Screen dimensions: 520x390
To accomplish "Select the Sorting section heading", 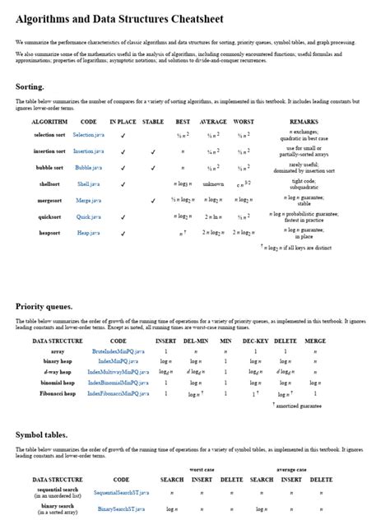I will tap(30, 86).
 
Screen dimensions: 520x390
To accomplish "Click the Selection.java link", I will tap(88, 134).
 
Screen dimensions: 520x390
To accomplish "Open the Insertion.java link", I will tap(88, 151).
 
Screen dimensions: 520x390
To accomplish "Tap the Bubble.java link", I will tap(88, 167).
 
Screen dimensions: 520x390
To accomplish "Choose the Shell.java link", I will tap(88, 183).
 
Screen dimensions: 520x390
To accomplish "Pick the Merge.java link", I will tap(88, 200).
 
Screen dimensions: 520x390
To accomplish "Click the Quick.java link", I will tap(88, 216).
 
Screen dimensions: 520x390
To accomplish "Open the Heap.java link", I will tap(88, 233).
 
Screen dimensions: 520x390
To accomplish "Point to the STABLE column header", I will tap(153, 122).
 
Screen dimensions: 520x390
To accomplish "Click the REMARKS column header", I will tap(304, 122).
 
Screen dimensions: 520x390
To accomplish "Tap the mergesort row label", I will tap(49, 200).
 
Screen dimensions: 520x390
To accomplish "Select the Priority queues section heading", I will tap(44, 306).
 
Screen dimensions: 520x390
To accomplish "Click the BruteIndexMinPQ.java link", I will tap(118, 351).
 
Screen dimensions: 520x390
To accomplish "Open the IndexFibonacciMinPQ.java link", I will tap(118, 394).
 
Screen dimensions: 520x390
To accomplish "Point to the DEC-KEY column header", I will tap(255, 341).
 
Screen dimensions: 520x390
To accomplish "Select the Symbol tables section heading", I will tap(41, 434).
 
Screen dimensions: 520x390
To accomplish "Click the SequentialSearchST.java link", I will tap(121, 492).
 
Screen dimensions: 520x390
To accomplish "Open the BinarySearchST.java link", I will tap(121, 509).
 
